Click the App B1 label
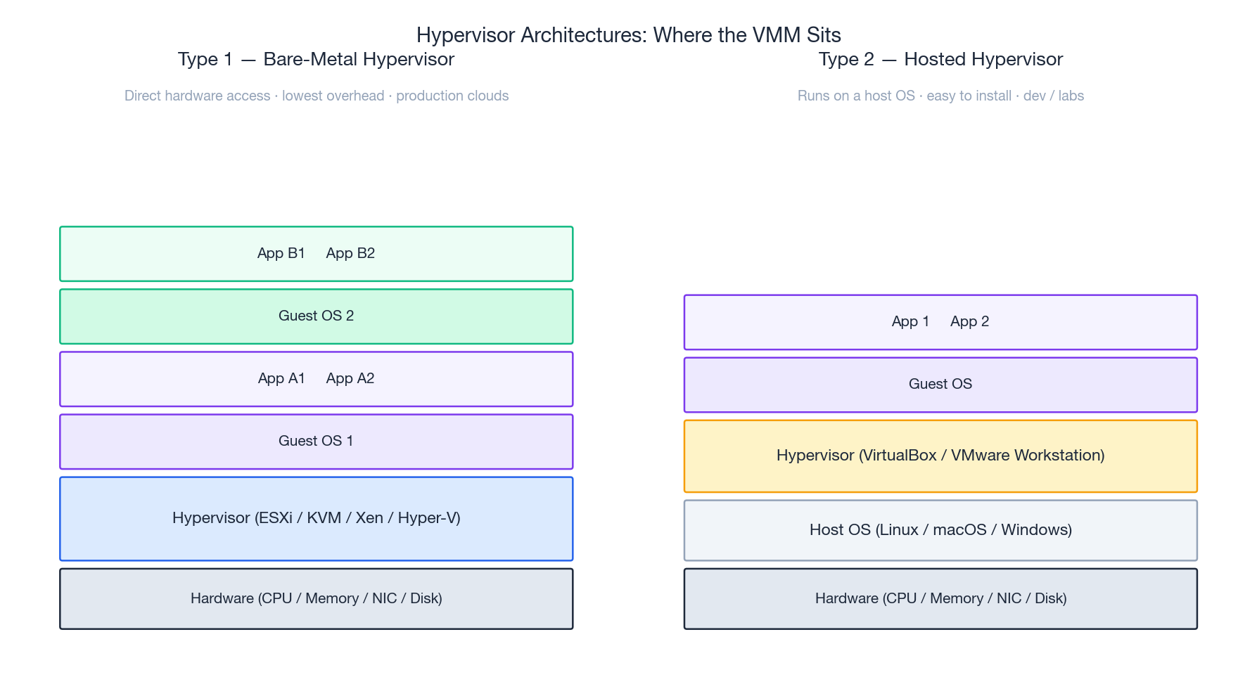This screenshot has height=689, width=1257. pyautogui.click(x=281, y=253)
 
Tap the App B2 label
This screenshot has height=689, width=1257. pyautogui.click(x=350, y=253)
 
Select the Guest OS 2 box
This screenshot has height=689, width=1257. pyautogui.click(x=316, y=316)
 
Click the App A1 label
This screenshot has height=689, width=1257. pyautogui.click(x=281, y=378)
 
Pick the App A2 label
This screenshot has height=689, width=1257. pyautogui.click(x=350, y=378)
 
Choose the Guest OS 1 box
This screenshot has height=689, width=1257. pyautogui.click(x=316, y=442)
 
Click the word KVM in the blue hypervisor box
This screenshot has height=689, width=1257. pyautogui.click(x=324, y=518)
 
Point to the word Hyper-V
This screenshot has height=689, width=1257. pyautogui.click(x=428, y=518)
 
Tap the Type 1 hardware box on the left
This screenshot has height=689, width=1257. pyautogui.click(x=316, y=599)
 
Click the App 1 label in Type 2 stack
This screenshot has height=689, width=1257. pyautogui.click(x=910, y=321)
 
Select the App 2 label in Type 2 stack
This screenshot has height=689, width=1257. pyautogui.click(x=969, y=321)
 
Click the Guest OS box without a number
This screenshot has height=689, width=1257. pyautogui.click(x=940, y=385)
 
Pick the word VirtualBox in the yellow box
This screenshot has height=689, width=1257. pyautogui.click(x=898, y=456)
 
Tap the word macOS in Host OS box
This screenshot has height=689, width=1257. pyautogui.click(x=959, y=530)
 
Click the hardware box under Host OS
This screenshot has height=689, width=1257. pyautogui.click(x=940, y=599)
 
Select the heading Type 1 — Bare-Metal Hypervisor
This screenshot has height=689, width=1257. pyautogui.click(x=316, y=59)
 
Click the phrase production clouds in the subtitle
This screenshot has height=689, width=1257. pyautogui.click(x=452, y=96)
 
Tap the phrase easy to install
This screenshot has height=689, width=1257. pyautogui.click(x=969, y=96)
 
